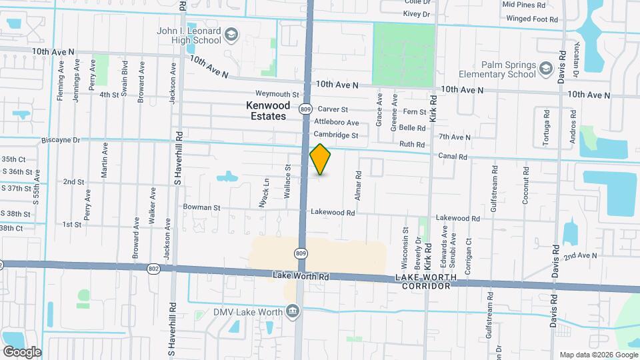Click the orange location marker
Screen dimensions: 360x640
[320, 159]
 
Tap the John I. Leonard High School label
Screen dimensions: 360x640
[189, 35]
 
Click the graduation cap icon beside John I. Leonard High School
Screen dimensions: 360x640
[231, 35]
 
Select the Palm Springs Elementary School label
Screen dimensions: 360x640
[498, 70]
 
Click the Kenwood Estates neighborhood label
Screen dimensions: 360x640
[268, 111]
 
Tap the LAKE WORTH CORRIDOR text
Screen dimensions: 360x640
[426, 281]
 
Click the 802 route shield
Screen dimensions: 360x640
[154, 268]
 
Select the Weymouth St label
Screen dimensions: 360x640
[277, 95]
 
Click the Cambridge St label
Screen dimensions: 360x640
[336, 135]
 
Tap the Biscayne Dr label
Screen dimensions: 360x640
[60, 141]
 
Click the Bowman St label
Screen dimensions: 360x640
[201, 208]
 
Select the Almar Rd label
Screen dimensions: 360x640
[359, 184]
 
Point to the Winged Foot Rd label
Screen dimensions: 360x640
[531, 19]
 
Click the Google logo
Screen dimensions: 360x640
[22, 351]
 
